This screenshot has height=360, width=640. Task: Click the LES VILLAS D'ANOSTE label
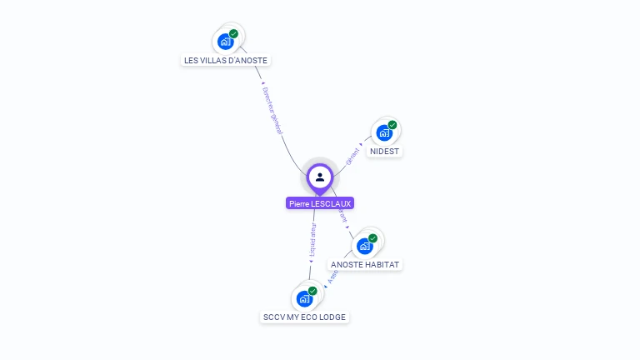226,60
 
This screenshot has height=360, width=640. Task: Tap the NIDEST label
384,152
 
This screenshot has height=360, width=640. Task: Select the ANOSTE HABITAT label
365,264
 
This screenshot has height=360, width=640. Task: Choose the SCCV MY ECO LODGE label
304,317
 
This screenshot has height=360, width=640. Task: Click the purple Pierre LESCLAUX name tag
320,203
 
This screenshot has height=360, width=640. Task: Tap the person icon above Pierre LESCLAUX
320,177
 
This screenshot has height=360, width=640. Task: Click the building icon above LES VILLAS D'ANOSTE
224,41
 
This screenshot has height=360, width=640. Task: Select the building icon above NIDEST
383,132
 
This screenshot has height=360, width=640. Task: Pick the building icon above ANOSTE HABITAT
364,246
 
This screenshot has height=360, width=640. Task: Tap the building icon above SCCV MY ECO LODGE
304,298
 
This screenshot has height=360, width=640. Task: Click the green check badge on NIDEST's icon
392,125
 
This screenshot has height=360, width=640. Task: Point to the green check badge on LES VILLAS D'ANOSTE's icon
233,33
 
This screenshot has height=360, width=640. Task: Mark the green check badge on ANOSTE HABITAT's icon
372,238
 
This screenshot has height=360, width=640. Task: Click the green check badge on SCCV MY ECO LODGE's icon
312,291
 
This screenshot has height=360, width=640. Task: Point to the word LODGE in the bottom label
332,317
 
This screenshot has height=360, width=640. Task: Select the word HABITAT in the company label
382,264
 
